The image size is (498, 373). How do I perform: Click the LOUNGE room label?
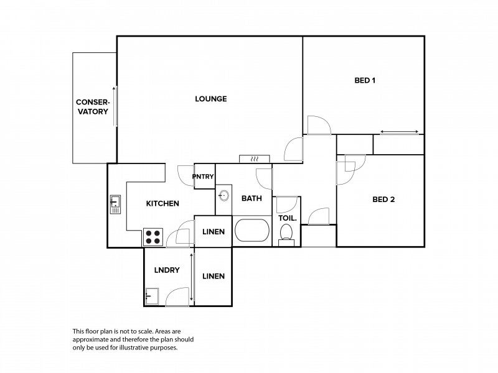tap(210, 99)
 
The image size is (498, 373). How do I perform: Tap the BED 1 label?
tap(365, 80)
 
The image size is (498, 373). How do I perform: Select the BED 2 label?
tap(383, 200)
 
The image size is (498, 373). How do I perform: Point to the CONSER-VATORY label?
tap(92, 107)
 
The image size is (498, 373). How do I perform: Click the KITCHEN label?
tap(162, 203)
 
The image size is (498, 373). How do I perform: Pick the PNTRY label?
tap(203, 177)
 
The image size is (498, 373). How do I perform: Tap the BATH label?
tap(251, 199)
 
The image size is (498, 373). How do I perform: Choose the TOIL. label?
tap(287, 218)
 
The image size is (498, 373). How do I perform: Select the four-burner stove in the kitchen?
tap(154, 237)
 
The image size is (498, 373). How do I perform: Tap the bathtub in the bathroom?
tap(252, 231)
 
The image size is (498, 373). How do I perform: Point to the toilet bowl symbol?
tap(286, 234)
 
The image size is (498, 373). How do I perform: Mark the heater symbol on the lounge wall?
tap(254, 159)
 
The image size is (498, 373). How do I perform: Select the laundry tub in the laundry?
tap(152, 297)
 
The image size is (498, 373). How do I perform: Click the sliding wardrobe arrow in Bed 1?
tap(399, 132)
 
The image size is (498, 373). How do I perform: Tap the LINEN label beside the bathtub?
tap(214, 232)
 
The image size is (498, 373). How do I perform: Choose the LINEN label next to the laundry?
tap(213, 276)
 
